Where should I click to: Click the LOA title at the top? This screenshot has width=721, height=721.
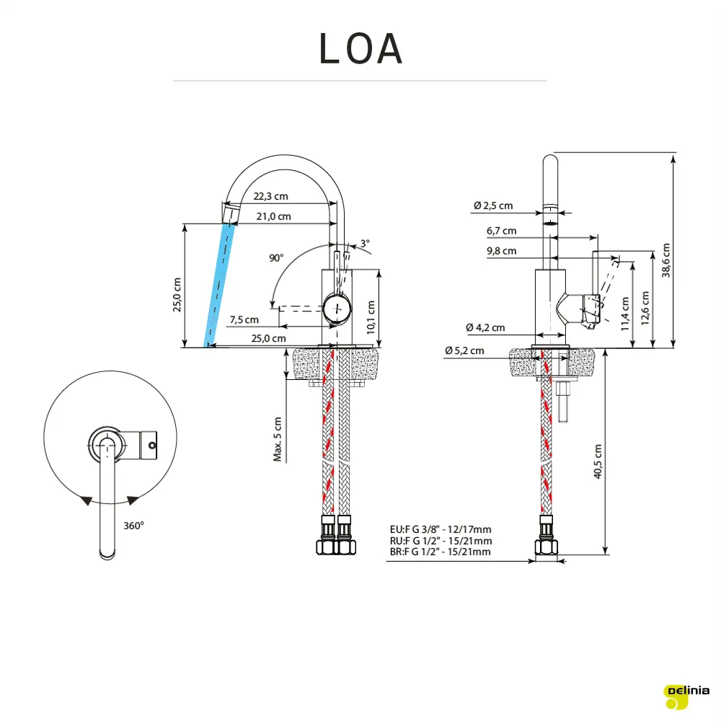[x=360, y=49]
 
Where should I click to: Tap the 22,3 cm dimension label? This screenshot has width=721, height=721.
[x=270, y=196]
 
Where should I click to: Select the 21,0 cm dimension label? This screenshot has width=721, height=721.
[x=273, y=216]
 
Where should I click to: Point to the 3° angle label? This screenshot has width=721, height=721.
[x=365, y=244]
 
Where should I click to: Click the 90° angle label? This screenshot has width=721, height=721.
[x=276, y=257]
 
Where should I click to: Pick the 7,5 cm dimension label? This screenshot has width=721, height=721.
[x=244, y=319]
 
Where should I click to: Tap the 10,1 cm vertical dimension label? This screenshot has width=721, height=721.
[x=371, y=316]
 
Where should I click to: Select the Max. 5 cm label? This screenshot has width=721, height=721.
[x=278, y=439]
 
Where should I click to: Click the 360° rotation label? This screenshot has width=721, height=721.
[x=133, y=526]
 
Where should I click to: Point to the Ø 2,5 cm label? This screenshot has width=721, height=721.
[x=493, y=205]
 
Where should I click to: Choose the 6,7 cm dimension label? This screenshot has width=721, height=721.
[x=501, y=231]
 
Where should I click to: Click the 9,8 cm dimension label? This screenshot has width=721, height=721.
[x=501, y=251]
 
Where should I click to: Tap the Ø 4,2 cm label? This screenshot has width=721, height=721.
[x=485, y=327]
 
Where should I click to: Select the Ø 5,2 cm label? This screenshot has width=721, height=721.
[x=464, y=350]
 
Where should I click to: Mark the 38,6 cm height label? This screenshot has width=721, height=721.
[x=665, y=260]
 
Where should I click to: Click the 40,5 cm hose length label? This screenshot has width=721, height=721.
[x=597, y=461]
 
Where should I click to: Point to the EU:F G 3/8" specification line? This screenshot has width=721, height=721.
[x=440, y=530]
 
